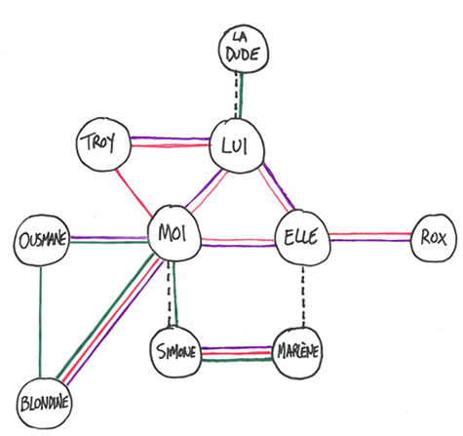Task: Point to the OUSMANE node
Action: tap(40, 239)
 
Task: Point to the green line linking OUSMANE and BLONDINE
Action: tap(39, 322)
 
